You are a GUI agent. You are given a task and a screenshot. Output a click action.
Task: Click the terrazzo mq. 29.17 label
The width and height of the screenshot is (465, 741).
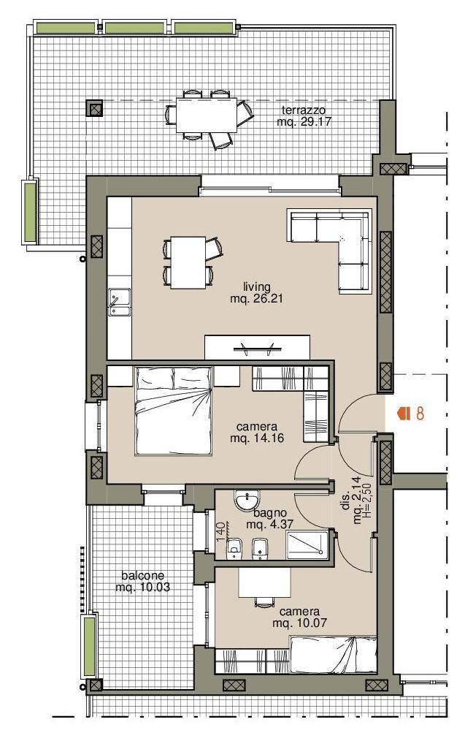tap(304, 115)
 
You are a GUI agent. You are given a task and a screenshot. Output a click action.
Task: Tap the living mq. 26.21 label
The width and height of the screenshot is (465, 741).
tap(257, 292)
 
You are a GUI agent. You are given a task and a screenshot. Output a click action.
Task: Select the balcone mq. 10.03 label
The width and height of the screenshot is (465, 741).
tap(142, 581)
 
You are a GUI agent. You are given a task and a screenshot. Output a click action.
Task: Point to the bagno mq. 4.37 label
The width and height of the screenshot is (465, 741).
tap(269, 518)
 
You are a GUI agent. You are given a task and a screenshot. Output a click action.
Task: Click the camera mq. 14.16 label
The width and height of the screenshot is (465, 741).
tap(257, 433)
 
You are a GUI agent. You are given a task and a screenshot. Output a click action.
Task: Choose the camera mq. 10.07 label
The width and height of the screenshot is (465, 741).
tap(299, 617)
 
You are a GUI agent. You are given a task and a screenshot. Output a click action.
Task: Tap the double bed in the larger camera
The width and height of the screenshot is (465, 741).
tap(173, 411)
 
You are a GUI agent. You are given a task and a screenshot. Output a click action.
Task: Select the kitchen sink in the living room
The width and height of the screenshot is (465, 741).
tap(120, 302)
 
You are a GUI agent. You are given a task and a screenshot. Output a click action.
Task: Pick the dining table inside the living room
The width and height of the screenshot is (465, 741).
tap(188, 262)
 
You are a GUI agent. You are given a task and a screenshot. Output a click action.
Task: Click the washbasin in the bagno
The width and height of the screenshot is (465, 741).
tap(247, 501)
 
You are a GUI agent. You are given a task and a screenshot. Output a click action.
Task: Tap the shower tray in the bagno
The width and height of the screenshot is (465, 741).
tap(307, 544)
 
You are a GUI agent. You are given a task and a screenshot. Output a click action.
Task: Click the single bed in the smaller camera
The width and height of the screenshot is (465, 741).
tap(334, 655)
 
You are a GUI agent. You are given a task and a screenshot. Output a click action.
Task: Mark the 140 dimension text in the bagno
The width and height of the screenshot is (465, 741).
tap(220, 531)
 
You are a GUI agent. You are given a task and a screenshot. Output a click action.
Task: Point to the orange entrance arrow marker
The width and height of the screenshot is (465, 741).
tap(404, 414)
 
